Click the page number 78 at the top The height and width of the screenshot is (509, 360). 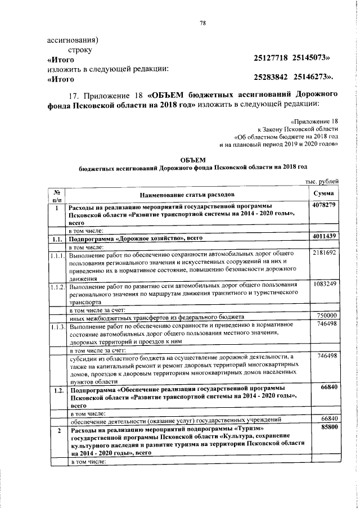click(203, 23)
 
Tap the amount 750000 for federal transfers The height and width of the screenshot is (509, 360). click(326, 316)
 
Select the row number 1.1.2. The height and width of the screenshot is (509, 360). click(57, 287)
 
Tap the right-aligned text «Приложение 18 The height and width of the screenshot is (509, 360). click(315, 120)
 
